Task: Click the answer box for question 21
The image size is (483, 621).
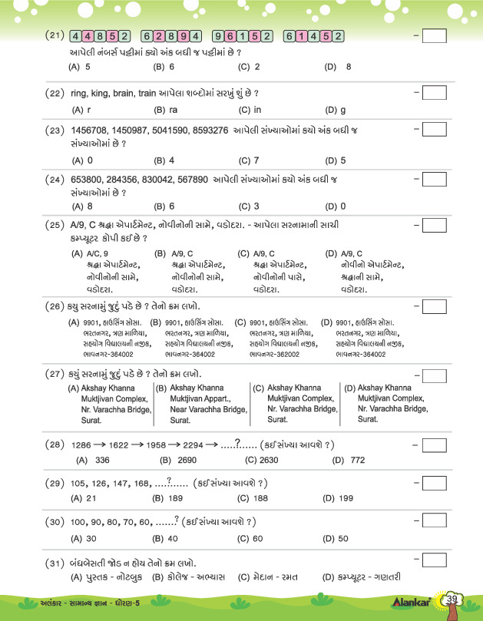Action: coord(434,36)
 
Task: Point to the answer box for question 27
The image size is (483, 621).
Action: coord(434,376)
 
